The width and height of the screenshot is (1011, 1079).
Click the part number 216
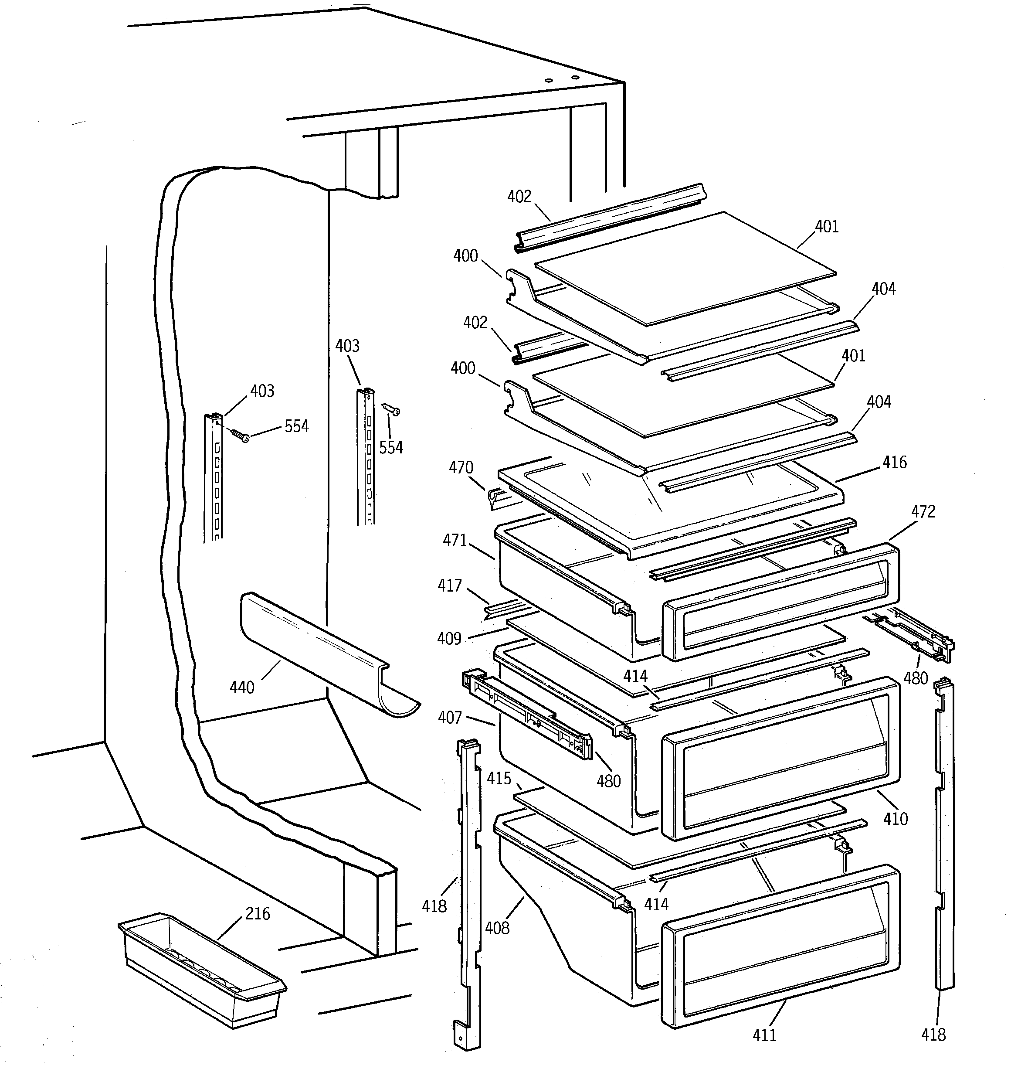coord(257,914)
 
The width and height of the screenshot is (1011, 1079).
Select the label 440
coord(241,688)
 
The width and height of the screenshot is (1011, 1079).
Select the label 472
coord(923,512)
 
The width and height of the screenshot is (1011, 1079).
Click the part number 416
coord(894,463)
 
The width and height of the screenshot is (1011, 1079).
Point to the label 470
coord(461,467)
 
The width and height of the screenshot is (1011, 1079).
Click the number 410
coord(895,818)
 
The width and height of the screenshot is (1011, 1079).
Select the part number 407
coord(449,718)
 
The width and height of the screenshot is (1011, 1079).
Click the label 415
coord(499,779)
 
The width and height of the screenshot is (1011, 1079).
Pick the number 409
coord(449,638)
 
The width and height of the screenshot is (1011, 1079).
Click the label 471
coord(455,540)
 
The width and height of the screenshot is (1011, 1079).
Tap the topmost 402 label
coord(519,197)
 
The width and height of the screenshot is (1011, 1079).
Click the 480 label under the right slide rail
coord(916,678)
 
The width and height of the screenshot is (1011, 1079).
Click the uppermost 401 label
coord(827,227)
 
